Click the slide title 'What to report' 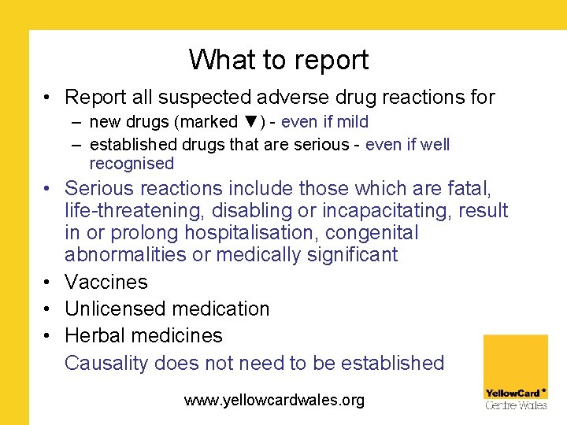click(278, 60)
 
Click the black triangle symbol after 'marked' click(251, 122)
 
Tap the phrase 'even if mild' click(324, 122)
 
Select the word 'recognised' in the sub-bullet click(132, 164)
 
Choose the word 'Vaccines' click(106, 282)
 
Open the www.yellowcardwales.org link click(274, 400)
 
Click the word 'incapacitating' click(403, 211)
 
